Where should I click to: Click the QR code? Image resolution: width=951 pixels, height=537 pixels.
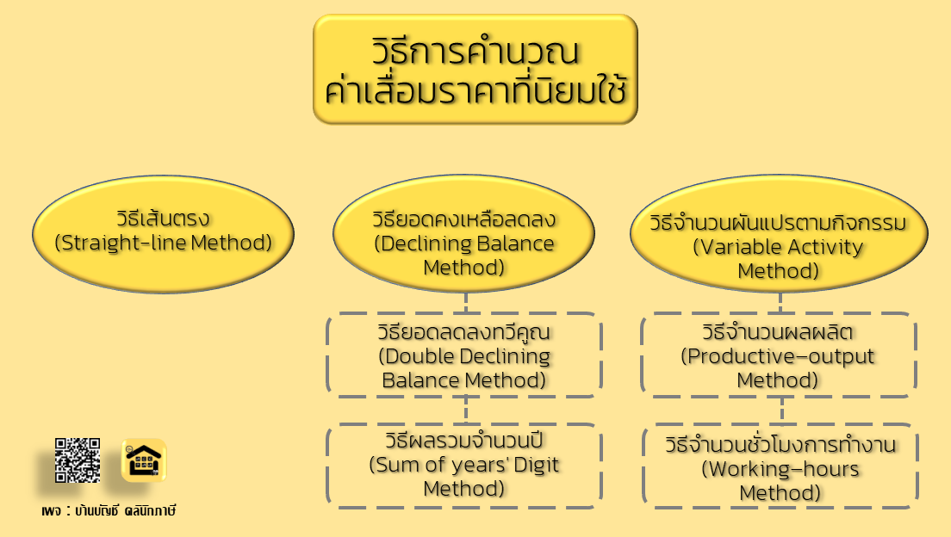(78, 460)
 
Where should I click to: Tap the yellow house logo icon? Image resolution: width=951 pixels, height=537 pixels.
(143, 460)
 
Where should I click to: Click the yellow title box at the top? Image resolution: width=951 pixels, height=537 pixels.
(475, 69)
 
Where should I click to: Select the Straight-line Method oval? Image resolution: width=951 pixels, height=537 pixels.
(164, 229)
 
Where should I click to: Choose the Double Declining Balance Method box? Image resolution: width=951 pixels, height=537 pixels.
(464, 355)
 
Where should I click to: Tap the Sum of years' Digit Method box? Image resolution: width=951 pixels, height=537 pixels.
(464, 466)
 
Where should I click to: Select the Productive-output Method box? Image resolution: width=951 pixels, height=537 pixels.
(778, 355)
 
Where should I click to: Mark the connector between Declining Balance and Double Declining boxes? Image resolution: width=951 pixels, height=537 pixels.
(465, 303)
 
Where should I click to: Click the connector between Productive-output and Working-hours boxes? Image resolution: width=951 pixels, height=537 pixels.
(779, 410)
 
